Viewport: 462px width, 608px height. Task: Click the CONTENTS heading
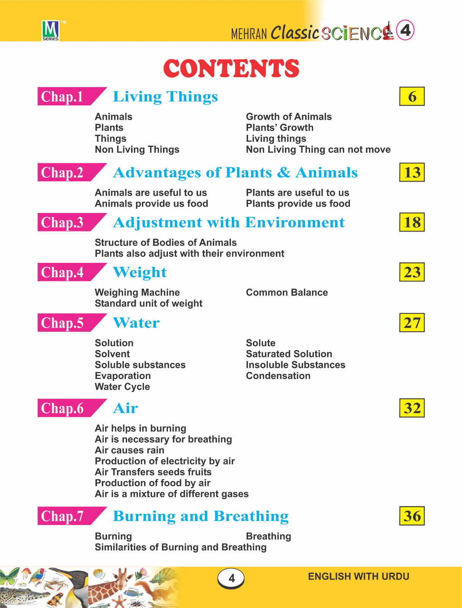pyautogui.click(x=231, y=68)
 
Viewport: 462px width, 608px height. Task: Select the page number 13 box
pyautogui.click(x=412, y=173)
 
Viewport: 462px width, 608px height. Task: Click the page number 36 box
pyautogui.click(x=412, y=516)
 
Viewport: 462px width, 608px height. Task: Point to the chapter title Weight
pyautogui.click(x=140, y=272)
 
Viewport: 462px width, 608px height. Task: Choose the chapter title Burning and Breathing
pyautogui.click(x=201, y=516)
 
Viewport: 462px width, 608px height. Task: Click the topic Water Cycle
pyautogui.click(x=122, y=387)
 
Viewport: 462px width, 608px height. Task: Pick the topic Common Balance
pyautogui.click(x=287, y=293)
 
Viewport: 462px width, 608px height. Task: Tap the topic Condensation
pyautogui.click(x=278, y=376)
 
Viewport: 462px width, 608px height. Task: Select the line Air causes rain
pyautogui.click(x=130, y=450)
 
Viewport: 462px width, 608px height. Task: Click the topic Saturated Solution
pyautogui.click(x=289, y=354)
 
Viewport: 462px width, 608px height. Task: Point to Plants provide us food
pyautogui.click(x=298, y=204)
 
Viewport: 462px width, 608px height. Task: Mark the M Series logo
pyautogui.click(x=51, y=30)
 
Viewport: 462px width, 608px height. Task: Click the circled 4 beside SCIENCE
pyautogui.click(x=405, y=30)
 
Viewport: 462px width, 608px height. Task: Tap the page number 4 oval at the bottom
pyautogui.click(x=231, y=578)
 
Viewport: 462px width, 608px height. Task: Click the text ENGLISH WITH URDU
pyautogui.click(x=358, y=576)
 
